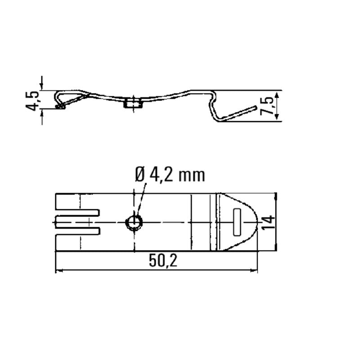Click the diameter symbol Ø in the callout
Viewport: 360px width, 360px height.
point(140,174)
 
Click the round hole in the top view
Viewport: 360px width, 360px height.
point(134,222)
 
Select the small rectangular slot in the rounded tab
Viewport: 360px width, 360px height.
point(237,222)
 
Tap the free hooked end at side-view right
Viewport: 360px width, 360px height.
point(255,108)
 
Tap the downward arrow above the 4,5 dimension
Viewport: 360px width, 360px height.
point(42,85)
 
